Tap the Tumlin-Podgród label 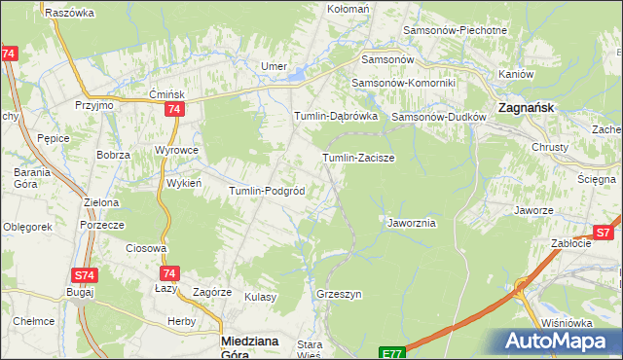268,191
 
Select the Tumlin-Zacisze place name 358,157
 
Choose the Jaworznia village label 412,223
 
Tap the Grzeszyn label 339,293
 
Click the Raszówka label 69,13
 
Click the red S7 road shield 604,233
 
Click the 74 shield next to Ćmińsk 173,110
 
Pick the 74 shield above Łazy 169,274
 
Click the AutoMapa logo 558,341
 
